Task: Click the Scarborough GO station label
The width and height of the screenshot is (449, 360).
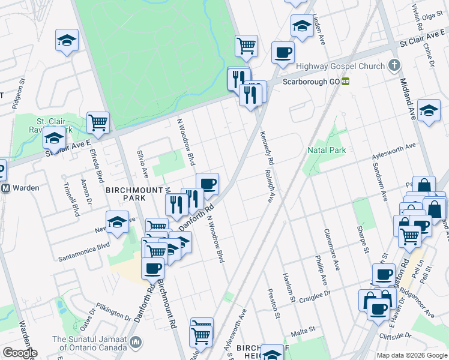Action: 311,81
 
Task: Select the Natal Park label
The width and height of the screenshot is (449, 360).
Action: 327,150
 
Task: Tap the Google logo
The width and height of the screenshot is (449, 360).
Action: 19,353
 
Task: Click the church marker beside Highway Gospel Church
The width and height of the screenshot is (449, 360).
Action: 394,65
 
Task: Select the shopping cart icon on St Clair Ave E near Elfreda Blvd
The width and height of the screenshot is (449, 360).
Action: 98,122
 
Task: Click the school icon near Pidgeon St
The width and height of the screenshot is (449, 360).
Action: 67,40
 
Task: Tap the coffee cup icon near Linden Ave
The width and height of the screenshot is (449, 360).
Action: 283,52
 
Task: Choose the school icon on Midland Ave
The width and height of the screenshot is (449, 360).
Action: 429,110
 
